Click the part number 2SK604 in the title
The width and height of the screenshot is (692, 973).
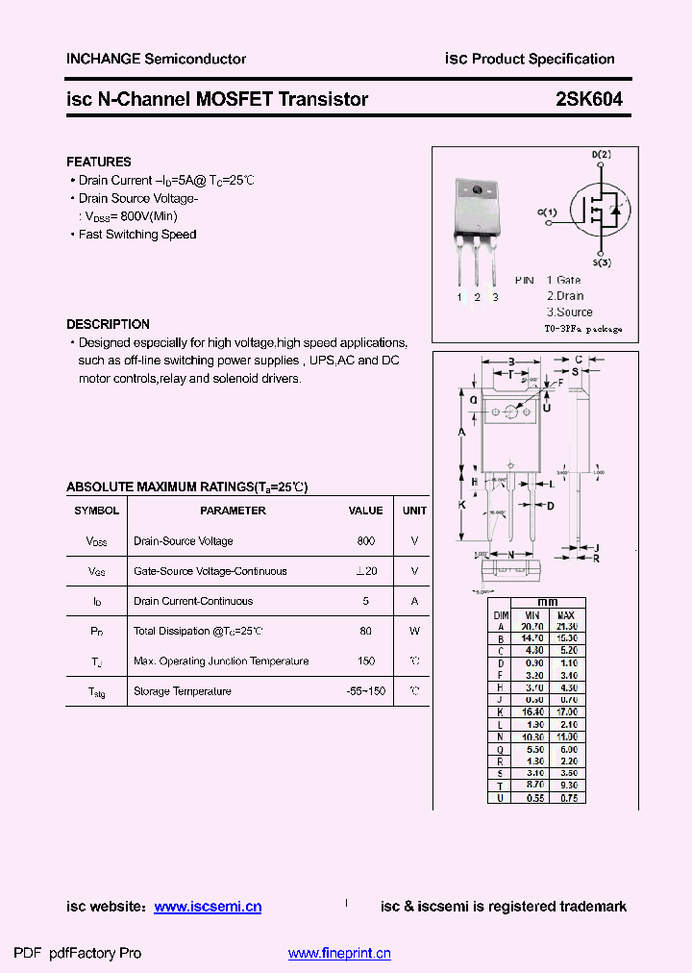(x=589, y=99)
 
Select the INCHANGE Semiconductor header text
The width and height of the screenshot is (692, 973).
(x=156, y=59)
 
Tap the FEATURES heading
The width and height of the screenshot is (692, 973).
(x=99, y=162)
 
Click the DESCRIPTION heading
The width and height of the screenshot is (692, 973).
(x=108, y=324)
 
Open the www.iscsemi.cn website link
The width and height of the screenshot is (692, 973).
(x=208, y=907)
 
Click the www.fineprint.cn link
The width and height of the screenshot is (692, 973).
(x=339, y=954)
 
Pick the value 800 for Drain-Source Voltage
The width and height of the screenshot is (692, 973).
(x=365, y=541)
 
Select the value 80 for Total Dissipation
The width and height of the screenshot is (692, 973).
(x=365, y=632)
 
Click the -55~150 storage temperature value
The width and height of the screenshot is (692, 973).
(x=365, y=691)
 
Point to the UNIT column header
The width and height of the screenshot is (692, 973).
(x=414, y=511)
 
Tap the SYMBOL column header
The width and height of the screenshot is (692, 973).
(x=97, y=511)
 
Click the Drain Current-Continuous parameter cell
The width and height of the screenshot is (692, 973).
(x=193, y=601)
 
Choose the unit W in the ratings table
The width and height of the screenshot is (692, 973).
(x=414, y=632)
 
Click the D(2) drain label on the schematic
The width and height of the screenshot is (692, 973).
(x=601, y=155)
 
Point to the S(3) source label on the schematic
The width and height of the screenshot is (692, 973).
(x=602, y=262)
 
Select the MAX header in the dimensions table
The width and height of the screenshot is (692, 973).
(x=565, y=614)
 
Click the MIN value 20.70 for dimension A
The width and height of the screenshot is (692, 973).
(x=531, y=626)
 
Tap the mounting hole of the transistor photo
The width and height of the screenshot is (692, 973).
(x=477, y=190)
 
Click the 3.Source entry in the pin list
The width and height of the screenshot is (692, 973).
(x=570, y=312)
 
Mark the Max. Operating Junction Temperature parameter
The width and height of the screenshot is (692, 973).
(x=221, y=661)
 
